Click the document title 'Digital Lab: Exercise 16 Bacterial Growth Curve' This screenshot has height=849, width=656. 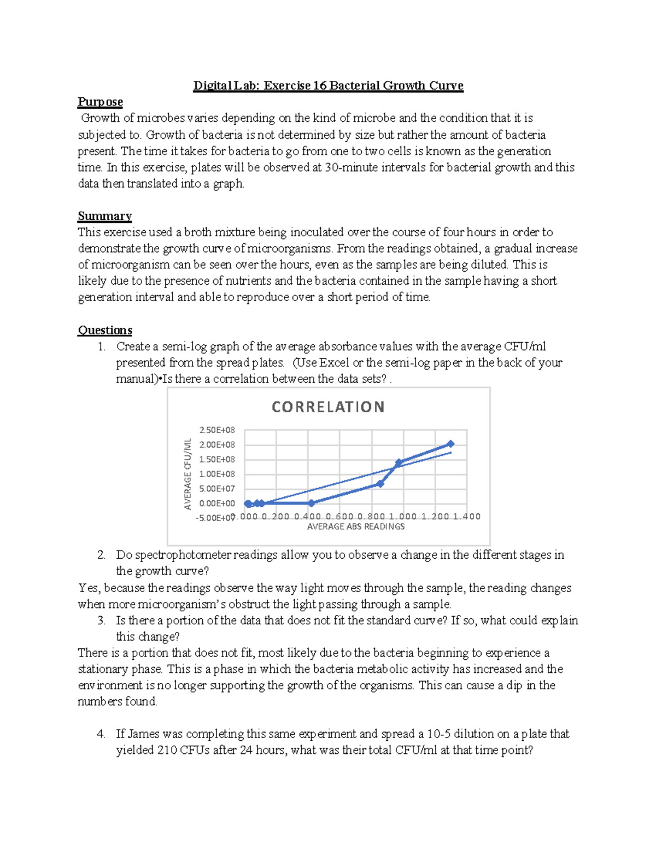coord(328,86)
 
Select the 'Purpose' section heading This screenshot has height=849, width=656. coord(100,102)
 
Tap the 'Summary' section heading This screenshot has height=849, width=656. coord(104,216)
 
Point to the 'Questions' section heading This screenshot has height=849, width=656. coord(105,330)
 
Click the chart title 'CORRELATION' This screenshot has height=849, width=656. coord(328,407)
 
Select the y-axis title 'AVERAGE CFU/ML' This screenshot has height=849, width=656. coord(188,473)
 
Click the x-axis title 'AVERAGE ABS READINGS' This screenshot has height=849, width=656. coord(356,526)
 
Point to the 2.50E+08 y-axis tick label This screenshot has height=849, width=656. coord(217,430)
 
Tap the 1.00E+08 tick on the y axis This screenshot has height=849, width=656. coord(217,474)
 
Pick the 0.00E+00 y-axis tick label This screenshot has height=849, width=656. coord(217,503)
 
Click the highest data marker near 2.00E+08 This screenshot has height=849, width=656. coord(450,444)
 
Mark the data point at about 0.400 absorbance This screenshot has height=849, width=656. coord(311,503)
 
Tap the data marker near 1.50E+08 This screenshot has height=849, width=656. coord(399,462)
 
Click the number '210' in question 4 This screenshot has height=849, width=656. coord(167,751)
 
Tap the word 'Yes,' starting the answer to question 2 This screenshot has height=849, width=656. coord(89,588)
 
